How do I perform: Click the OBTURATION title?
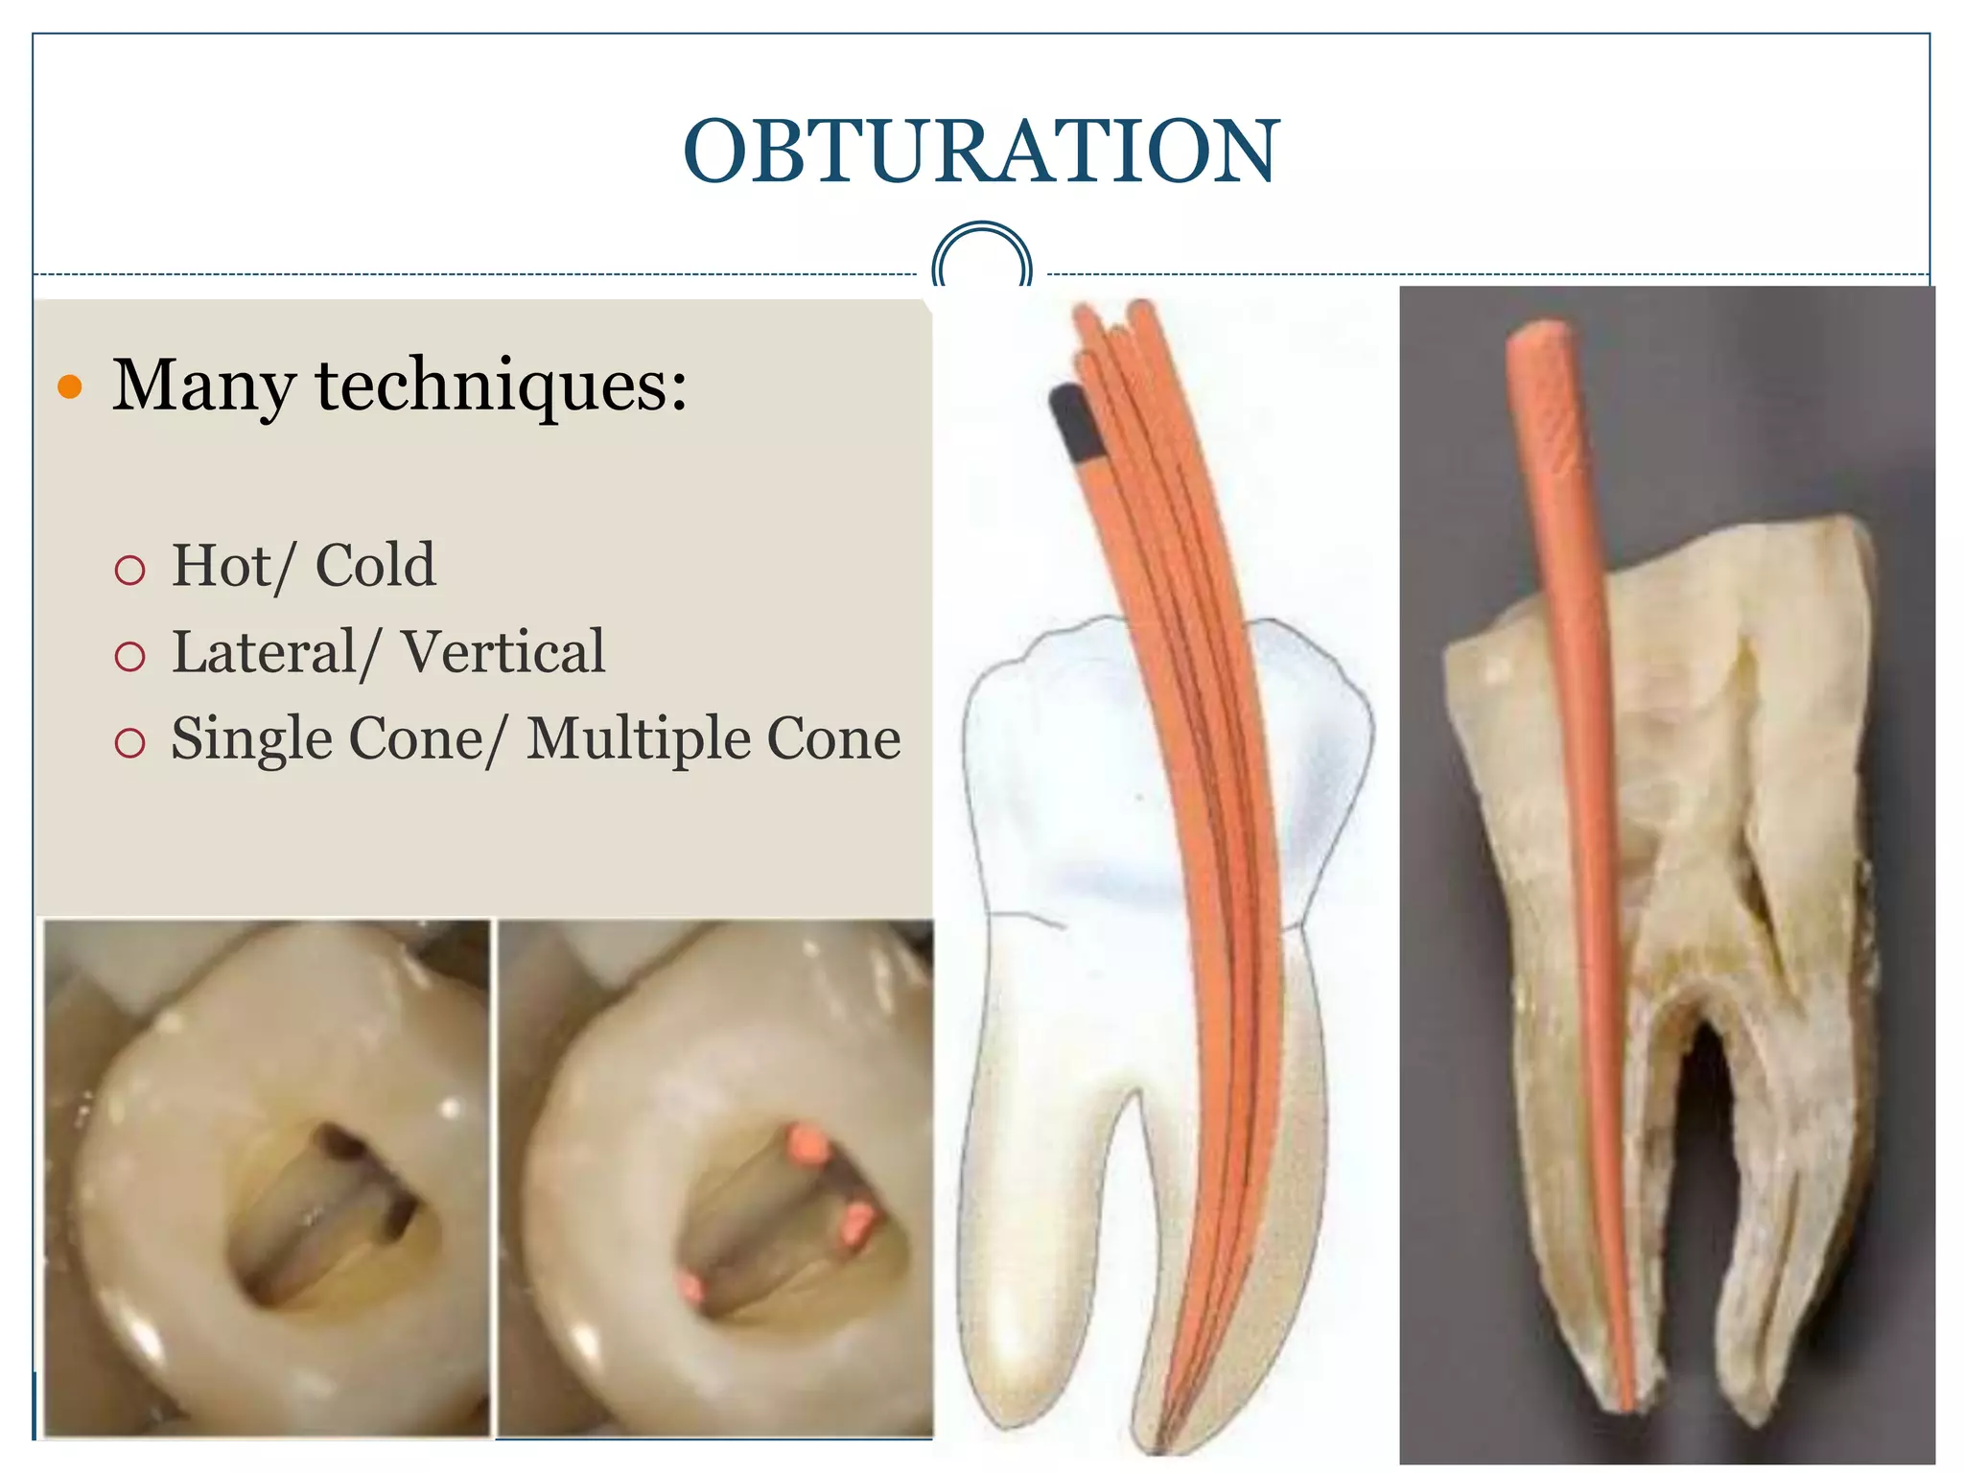(981, 152)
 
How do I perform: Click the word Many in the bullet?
(202, 386)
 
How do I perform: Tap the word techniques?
(502, 386)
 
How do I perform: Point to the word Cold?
(375, 566)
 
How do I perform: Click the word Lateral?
(265, 653)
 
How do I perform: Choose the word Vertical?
(503, 653)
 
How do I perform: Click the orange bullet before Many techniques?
(70, 387)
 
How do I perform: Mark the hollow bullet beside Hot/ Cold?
(129, 571)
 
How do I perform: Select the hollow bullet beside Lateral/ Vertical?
(129, 657)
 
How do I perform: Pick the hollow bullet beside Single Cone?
(129, 743)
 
